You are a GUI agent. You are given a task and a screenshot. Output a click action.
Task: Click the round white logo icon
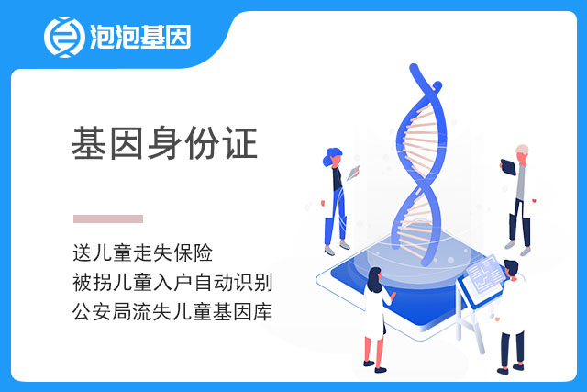[64, 37]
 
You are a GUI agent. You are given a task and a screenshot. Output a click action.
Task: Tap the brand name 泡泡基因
[140, 37]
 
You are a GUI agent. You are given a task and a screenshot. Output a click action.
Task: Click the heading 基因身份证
[165, 143]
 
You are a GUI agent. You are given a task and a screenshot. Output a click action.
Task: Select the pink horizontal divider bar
[108, 218]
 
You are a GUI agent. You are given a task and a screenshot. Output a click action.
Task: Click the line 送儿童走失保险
[143, 252]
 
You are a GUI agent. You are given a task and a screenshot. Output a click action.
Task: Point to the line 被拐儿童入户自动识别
[172, 282]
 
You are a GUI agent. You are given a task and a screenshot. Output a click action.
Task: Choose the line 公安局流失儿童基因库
[172, 312]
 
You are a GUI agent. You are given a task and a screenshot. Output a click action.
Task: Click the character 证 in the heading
[240, 143]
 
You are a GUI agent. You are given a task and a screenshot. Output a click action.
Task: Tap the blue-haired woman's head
[333, 157]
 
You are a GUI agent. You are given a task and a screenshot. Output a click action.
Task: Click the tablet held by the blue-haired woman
[353, 173]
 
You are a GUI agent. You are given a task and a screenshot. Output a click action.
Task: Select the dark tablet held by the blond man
[508, 167]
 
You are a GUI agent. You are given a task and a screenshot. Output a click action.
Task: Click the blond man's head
[522, 152]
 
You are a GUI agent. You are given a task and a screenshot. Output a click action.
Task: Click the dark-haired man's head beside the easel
[512, 269]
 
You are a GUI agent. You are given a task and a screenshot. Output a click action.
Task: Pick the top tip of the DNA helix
[414, 67]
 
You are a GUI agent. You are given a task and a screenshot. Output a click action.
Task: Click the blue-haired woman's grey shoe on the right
[345, 245]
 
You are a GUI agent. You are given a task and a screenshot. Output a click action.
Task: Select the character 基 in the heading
[89, 143]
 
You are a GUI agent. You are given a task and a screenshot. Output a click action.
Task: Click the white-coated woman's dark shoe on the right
[381, 370]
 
